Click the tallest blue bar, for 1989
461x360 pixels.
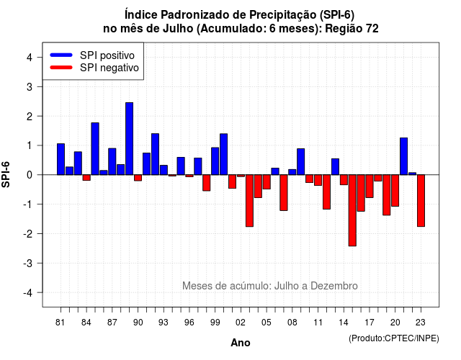129,139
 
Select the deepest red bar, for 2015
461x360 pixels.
352,210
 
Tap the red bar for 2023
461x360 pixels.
421,201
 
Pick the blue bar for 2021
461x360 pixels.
403,156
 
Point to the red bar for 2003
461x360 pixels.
249,201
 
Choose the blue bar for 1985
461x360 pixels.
95,149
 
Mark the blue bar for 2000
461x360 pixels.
224,154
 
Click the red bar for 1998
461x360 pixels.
207,183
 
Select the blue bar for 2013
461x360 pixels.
335,167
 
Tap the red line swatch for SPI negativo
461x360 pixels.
61,68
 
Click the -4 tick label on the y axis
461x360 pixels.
28,293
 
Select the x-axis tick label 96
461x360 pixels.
189,323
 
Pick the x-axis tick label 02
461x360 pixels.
241,323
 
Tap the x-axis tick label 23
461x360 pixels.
421,323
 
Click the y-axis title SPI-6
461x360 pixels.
6,174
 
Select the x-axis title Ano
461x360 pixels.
241,343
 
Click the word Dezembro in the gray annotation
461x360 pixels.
334,286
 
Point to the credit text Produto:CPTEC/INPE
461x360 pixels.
394,338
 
